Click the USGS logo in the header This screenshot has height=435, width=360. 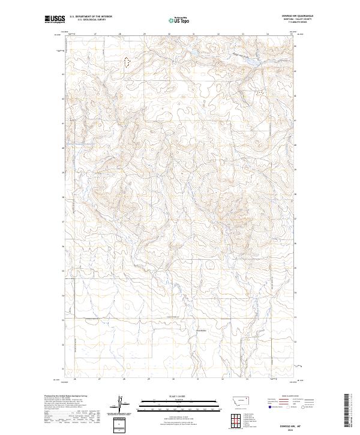coord(54,20)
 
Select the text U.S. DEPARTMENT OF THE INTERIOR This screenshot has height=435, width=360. coord(91,16)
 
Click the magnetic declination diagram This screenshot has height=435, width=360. coord(120,403)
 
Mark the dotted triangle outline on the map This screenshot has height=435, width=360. coord(127,60)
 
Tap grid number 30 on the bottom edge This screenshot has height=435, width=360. coord(173,379)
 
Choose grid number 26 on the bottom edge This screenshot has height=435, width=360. coord(75,379)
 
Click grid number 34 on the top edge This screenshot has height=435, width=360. coord(267,34)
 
